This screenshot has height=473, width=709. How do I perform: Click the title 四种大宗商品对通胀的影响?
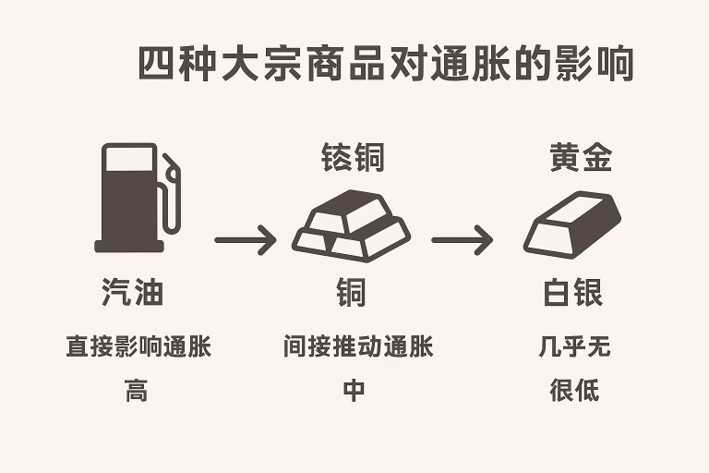(x=385, y=65)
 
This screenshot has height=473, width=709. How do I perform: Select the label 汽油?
(x=132, y=294)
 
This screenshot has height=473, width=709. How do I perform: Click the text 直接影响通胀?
(x=138, y=347)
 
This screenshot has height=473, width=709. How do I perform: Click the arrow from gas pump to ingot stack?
(x=245, y=242)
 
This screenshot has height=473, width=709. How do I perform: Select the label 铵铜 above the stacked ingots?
(x=352, y=158)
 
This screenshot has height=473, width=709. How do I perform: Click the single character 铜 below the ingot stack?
(x=351, y=294)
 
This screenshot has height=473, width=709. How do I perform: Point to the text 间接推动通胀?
(x=357, y=347)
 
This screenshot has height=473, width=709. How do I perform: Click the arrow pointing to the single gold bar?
(x=462, y=242)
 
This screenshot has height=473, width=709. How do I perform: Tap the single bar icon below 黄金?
(x=571, y=223)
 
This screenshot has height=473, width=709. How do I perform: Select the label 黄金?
(x=581, y=158)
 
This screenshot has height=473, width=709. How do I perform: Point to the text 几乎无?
(x=574, y=347)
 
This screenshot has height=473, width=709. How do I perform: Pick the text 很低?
(x=574, y=390)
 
